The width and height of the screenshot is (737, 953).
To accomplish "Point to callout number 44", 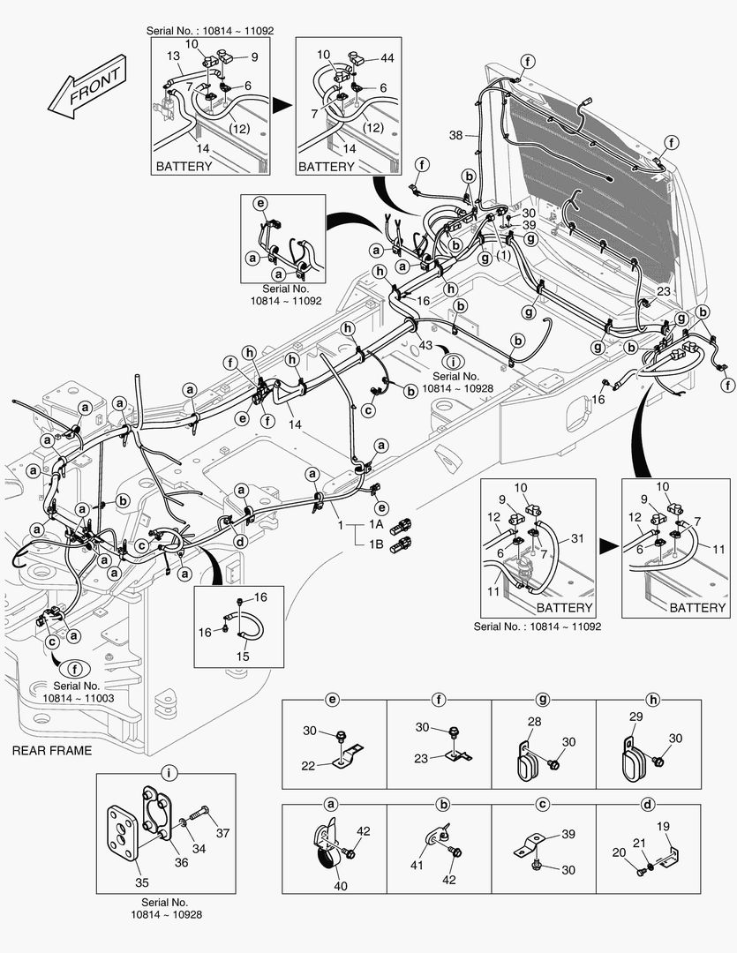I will [x=387, y=57].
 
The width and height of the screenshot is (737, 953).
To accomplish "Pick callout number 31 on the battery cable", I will [x=577, y=539].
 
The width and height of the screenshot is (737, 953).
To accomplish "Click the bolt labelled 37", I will [x=223, y=832].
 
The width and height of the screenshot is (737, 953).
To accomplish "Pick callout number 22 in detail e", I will [x=307, y=766].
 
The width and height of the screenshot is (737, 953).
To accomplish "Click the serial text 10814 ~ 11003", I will [x=79, y=698].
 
